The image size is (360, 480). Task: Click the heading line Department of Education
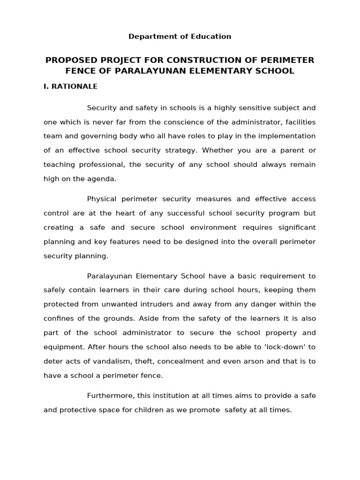[x=180, y=37]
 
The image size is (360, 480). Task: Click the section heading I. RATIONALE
[x=70, y=87]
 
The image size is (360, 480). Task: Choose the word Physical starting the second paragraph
[x=103, y=199]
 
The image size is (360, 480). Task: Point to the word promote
[x=205, y=410]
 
